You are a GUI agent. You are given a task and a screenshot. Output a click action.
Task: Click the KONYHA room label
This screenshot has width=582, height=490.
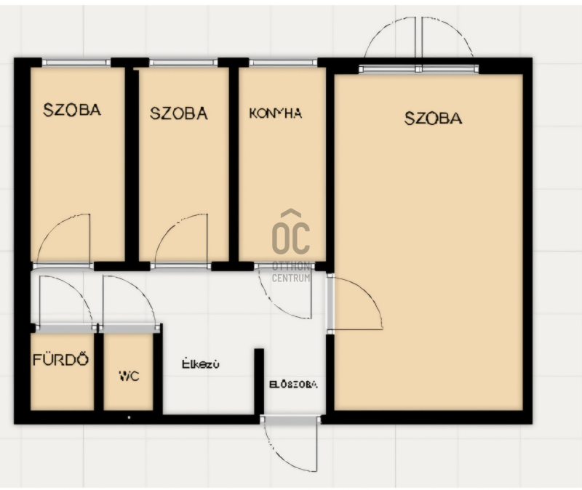click(x=276, y=113)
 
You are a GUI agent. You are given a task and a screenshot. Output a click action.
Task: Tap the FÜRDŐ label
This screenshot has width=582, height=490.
click(x=61, y=360)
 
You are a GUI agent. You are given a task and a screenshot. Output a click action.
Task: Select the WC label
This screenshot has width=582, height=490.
click(x=129, y=376)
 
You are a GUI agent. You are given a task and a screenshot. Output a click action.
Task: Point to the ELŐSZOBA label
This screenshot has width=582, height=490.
click(x=293, y=385)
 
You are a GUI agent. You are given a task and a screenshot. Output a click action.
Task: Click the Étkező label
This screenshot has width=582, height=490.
click(x=201, y=364)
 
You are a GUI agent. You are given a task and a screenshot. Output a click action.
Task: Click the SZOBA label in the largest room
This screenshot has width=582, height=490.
click(x=433, y=119)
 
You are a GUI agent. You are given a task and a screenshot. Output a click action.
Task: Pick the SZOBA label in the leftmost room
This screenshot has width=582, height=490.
click(x=72, y=110)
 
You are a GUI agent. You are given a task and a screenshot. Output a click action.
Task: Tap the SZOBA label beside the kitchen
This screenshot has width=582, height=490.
click(x=178, y=113)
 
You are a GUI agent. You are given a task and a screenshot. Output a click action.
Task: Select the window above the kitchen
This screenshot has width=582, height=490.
click(x=283, y=63)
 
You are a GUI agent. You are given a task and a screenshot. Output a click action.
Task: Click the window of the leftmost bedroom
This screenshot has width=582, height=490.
click(x=76, y=63)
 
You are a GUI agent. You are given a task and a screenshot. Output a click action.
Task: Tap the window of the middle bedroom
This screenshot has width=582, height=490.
click(x=183, y=63)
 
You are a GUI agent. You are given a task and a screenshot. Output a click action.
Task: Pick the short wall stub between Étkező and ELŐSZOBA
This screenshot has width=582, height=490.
click(x=259, y=382)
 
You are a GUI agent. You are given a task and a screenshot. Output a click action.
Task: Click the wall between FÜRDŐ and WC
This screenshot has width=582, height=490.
click(x=99, y=371)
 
